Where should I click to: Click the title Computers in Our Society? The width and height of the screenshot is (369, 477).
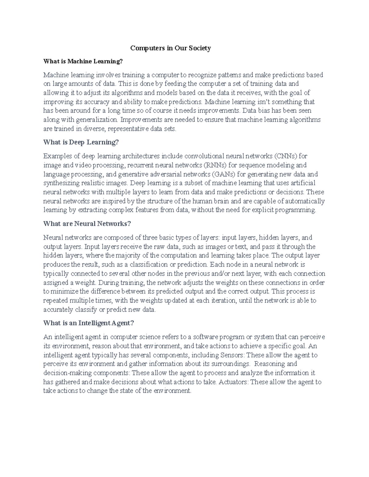(170, 48)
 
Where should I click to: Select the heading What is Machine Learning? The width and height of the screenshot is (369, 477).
(83, 61)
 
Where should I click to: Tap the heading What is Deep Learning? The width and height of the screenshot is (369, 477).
(81, 142)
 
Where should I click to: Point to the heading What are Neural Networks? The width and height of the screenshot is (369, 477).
(87, 224)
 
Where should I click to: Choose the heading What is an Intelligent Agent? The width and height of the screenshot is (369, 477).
(89, 323)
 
